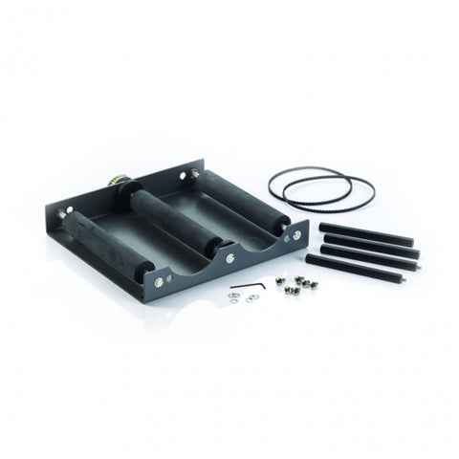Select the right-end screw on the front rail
[x=296, y=234]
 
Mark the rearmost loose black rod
[x=364, y=233]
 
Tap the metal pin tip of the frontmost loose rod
[x=400, y=281]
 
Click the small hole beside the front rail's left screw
[x=170, y=277]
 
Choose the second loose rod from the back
[x=369, y=245]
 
